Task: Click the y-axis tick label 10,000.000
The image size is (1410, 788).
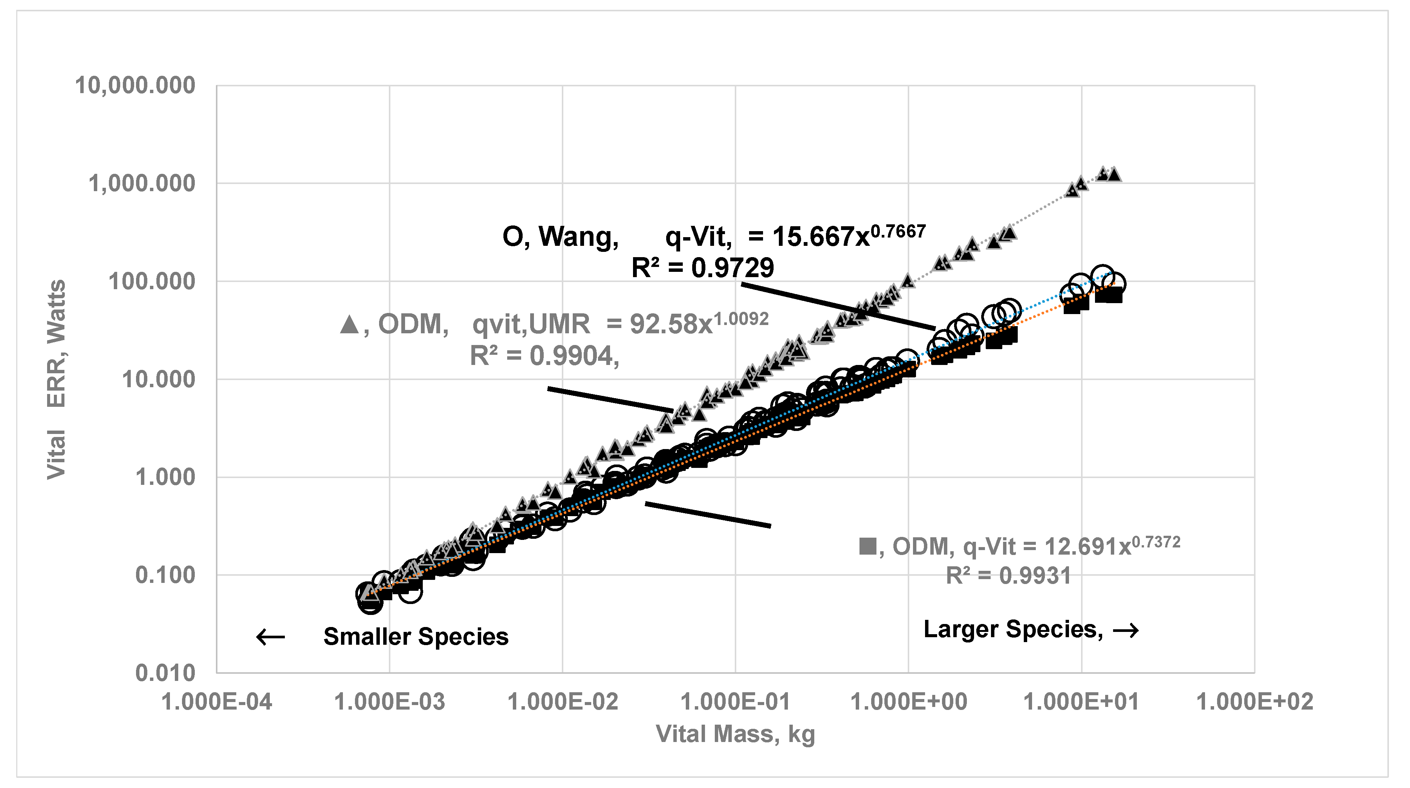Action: pos(135,86)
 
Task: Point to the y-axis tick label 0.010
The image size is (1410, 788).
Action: pos(165,673)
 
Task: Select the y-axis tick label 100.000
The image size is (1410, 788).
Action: pos(151,282)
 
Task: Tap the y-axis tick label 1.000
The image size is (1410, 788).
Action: pos(165,477)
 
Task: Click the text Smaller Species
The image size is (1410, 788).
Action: pos(416,637)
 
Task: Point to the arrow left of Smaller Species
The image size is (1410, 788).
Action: pos(271,637)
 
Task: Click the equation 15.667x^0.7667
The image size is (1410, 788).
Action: pos(849,236)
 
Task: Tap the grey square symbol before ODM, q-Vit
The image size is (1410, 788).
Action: pos(867,546)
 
